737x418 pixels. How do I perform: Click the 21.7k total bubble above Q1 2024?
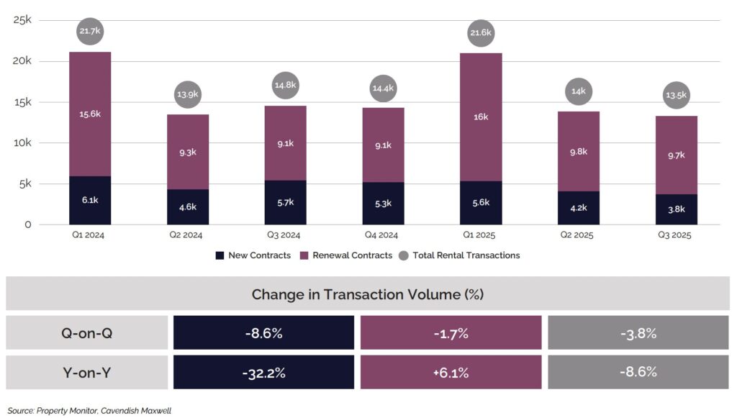tap(90, 32)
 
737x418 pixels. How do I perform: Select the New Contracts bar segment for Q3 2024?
tap(285, 202)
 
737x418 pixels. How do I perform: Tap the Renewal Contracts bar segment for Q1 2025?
tap(481, 117)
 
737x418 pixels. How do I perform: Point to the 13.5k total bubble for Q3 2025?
tap(676, 95)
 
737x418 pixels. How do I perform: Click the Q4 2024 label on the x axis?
tap(383, 234)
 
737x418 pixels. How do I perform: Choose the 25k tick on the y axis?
tap(22, 20)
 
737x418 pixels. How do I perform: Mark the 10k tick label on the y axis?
tap(22, 143)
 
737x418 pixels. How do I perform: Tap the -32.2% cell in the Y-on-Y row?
tap(263, 373)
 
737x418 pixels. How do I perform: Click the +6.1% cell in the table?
tap(451, 373)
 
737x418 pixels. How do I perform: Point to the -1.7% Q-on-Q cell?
tap(451, 333)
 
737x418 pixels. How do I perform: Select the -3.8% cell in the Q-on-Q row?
tap(638, 333)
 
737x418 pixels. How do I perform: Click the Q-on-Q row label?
tap(86, 333)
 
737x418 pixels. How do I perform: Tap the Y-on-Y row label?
tap(86, 373)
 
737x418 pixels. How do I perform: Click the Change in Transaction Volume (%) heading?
tap(368, 294)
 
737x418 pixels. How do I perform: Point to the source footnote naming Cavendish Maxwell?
tap(90, 410)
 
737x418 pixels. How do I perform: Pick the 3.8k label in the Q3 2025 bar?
tap(676, 209)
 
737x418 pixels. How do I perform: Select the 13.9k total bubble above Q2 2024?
tap(188, 94)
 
